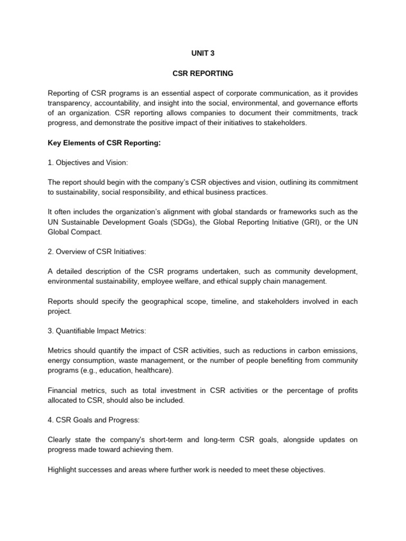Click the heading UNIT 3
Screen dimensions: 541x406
[x=203, y=53]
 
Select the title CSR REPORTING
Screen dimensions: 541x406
[x=203, y=73]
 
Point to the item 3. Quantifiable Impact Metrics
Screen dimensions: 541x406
[x=97, y=331]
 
